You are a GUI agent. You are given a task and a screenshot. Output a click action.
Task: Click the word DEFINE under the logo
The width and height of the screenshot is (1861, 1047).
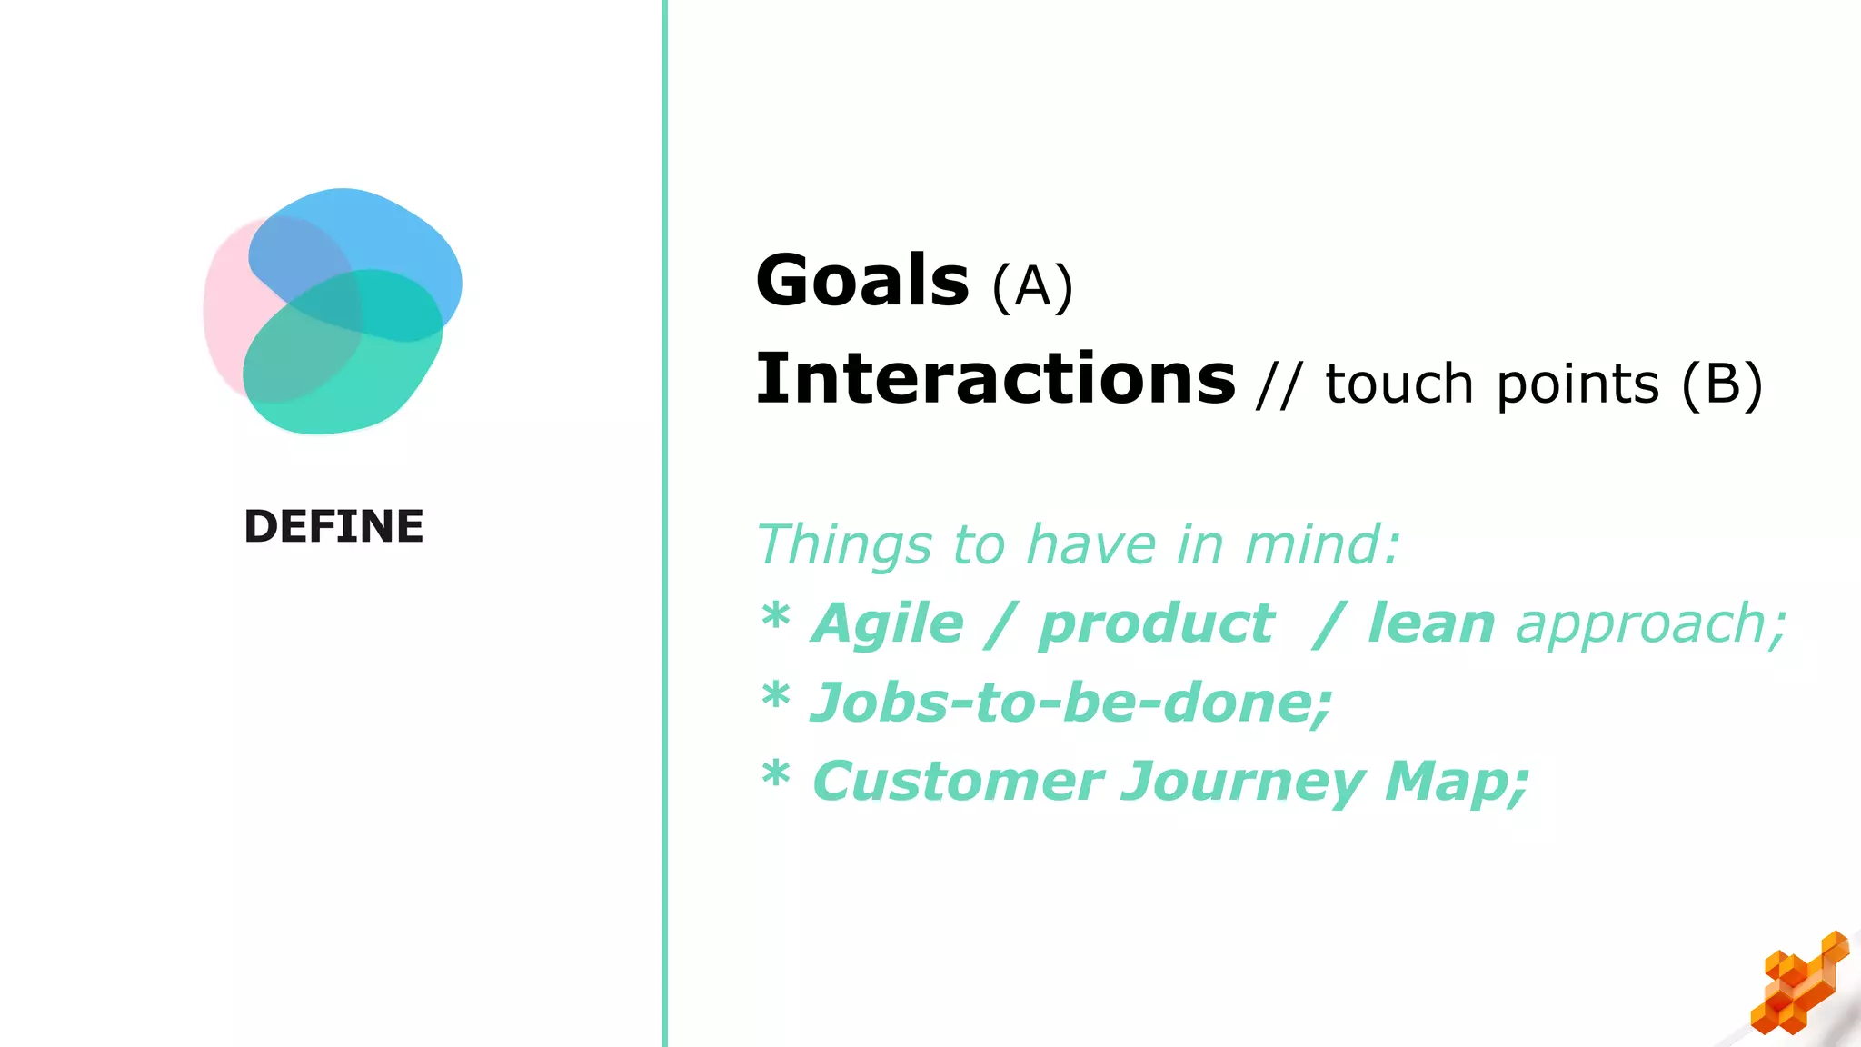333,527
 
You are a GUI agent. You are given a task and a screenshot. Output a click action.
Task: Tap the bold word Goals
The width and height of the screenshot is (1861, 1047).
862,281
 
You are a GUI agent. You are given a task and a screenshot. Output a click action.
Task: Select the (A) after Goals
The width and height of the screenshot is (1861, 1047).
1032,287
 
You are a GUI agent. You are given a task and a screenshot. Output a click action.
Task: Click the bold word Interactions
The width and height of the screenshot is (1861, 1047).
995,379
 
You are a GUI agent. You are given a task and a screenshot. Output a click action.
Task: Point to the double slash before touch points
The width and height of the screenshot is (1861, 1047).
1279,384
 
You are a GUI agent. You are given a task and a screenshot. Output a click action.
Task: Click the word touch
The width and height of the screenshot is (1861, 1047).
1398,384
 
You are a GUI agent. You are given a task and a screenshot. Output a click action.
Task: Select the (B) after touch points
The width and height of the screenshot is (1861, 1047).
1722,384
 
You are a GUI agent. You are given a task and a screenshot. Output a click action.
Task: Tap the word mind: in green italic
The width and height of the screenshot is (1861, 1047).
1322,545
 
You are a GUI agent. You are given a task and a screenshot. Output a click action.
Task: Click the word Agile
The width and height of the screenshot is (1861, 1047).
887,625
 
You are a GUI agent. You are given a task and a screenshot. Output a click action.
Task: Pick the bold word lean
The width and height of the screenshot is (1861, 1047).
1431,624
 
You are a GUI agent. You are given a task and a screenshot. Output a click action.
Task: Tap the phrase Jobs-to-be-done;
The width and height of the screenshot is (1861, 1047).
1070,703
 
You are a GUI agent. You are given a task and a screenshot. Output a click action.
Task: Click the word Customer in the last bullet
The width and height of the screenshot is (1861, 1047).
958,782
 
